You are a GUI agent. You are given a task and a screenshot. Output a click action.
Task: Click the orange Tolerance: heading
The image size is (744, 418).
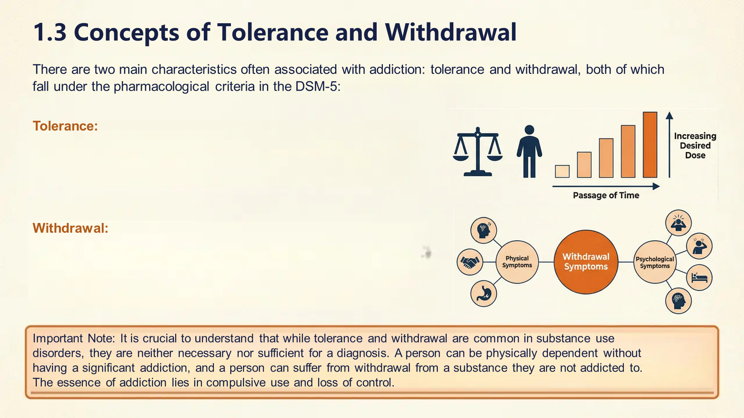(65, 126)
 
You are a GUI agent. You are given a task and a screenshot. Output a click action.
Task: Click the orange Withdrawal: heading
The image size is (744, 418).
(70, 228)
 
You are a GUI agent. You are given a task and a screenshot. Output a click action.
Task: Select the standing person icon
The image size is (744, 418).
(529, 151)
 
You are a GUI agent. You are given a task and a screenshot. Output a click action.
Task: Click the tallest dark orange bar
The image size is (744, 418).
(650, 145)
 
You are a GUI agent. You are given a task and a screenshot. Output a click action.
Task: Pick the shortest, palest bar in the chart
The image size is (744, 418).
(562, 171)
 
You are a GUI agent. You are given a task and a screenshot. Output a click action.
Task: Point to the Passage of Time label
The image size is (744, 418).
(606, 195)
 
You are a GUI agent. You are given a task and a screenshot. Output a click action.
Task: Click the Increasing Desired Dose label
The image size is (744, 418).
(695, 146)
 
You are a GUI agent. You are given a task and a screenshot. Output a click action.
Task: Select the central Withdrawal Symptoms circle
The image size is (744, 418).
(586, 262)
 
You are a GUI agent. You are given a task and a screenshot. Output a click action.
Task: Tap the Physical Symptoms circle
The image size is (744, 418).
(517, 262)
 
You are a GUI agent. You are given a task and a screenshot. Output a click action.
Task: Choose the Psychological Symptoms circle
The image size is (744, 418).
(654, 262)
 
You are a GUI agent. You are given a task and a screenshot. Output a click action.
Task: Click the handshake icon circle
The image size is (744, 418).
(470, 262)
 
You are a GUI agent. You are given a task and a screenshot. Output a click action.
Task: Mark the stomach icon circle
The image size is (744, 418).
(483, 294)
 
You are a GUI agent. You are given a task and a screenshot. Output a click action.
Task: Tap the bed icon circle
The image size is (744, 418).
(699, 278)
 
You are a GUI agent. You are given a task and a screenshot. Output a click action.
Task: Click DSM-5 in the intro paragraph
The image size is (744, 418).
(317, 86)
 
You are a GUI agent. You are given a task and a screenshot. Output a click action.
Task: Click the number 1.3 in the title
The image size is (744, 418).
(50, 32)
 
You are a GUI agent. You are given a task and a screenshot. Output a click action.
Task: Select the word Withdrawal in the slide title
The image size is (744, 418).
(451, 32)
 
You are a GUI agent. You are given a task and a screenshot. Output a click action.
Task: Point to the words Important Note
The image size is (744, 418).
(73, 339)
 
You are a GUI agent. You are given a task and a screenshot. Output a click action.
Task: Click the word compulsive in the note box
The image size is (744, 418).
(236, 383)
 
